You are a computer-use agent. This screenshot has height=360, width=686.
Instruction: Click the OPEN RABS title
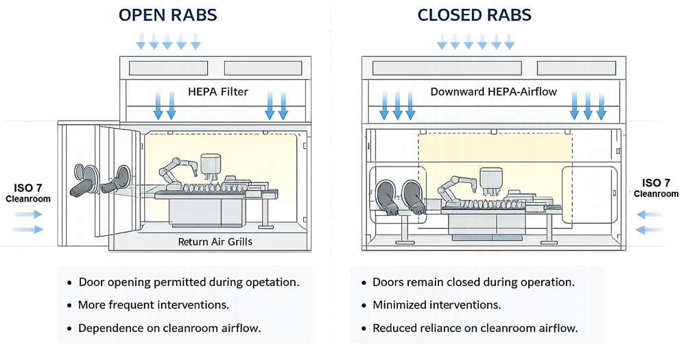168,15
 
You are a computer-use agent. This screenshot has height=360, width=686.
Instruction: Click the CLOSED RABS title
474,15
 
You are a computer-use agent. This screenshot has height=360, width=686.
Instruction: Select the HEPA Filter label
219,91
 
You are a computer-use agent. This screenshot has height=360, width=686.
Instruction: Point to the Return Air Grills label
215,241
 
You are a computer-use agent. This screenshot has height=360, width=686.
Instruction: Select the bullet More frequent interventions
154,304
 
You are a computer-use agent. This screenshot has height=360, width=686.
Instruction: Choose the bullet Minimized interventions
436,304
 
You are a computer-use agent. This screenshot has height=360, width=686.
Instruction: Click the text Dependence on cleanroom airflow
169,328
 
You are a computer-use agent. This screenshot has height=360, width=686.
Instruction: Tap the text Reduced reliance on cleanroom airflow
475,328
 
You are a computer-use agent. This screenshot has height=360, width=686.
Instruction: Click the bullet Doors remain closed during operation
473,282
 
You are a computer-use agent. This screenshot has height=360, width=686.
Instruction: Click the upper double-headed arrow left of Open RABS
27,215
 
